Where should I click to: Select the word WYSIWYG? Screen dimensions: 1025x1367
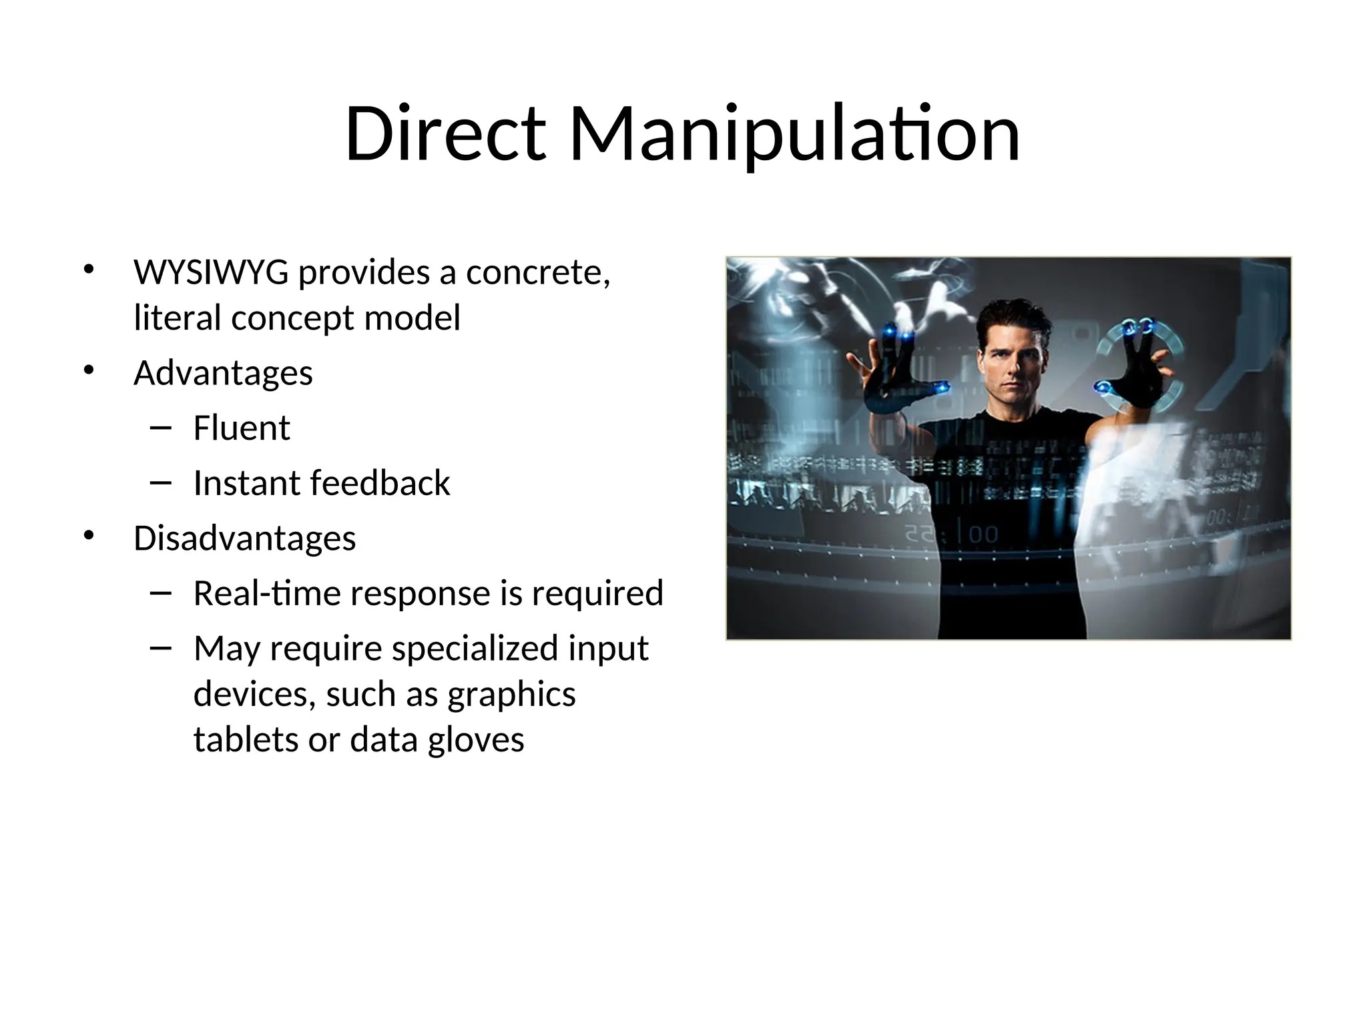pyautogui.click(x=211, y=272)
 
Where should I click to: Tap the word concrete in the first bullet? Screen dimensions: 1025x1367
pyautogui.click(x=538, y=272)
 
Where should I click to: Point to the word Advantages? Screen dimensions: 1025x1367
pyautogui.click(x=223, y=372)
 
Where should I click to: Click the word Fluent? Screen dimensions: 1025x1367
pyautogui.click(x=242, y=428)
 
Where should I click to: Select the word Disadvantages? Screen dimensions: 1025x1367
pyautogui.click(x=244, y=538)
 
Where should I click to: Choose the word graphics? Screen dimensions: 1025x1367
pyautogui.click(x=511, y=694)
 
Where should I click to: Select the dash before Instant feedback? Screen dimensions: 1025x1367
pyautogui.click(x=161, y=482)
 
